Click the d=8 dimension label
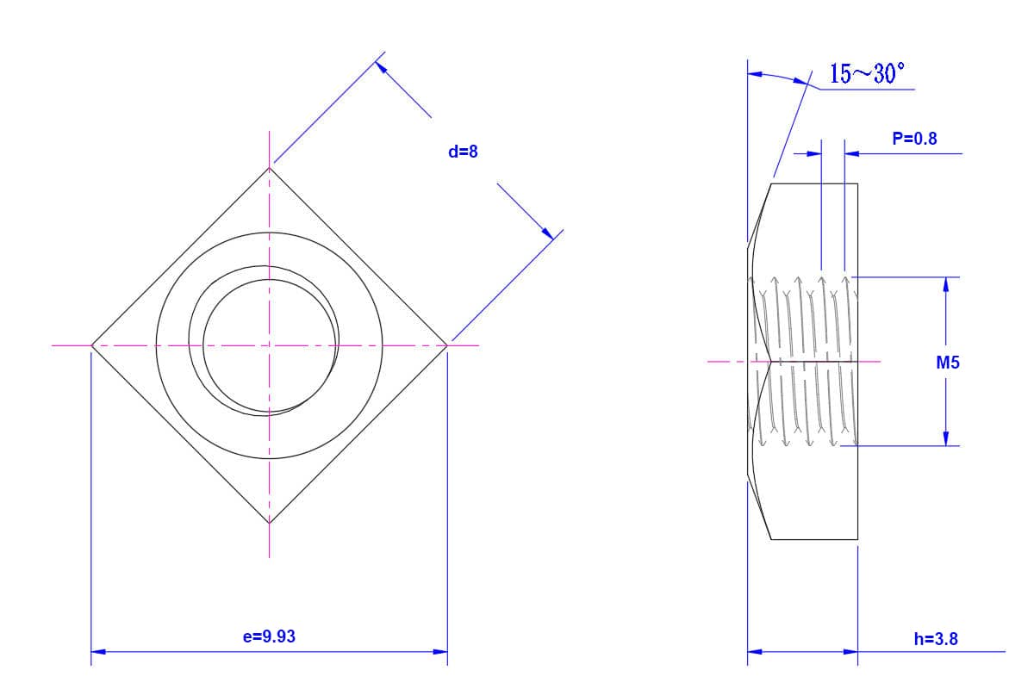pyautogui.click(x=463, y=152)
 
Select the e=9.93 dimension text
pyautogui.click(x=269, y=636)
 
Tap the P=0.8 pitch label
pyautogui.click(x=914, y=139)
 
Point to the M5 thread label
pyautogui.click(x=948, y=363)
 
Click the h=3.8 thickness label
pyautogui.click(x=936, y=639)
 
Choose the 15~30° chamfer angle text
pyautogui.click(x=868, y=73)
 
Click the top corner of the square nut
pyautogui.click(x=269, y=168)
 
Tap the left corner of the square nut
pyautogui.click(x=92, y=345)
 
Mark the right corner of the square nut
pyautogui.click(x=447, y=345)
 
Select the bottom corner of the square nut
pyautogui.click(x=269, y=523)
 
